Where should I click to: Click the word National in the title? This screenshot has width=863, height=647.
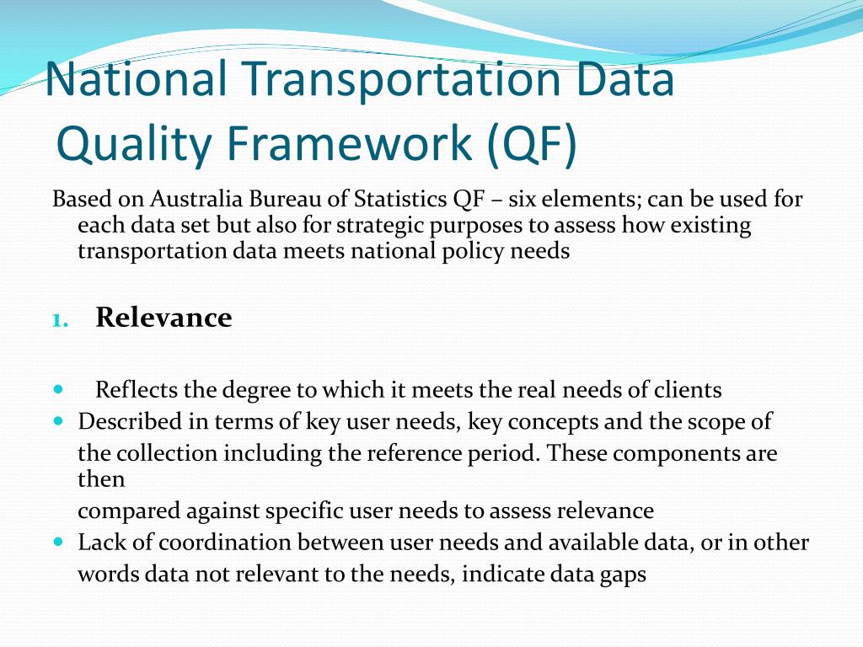[x=136, y=78]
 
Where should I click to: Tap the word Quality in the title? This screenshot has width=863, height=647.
[x=133, y=143]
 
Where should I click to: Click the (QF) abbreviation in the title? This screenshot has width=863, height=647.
[x=532, y=143]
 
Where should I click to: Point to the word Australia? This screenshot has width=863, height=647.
[x=196, y=199]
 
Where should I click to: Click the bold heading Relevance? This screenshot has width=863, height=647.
[x=164, y=317]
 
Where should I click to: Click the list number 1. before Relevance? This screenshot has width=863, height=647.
[x=61, y=320]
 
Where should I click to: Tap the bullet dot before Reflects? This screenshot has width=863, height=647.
[x=59, y=389]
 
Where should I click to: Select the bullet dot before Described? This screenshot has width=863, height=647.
[x=59, y=421]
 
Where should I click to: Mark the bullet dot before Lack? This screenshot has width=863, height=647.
[x=59, y=542]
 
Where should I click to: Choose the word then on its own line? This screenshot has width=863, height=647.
[x=101, y=479]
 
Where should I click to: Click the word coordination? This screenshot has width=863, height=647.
[x=224, y=542]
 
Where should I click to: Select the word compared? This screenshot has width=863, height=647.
[x=129, y=511]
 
